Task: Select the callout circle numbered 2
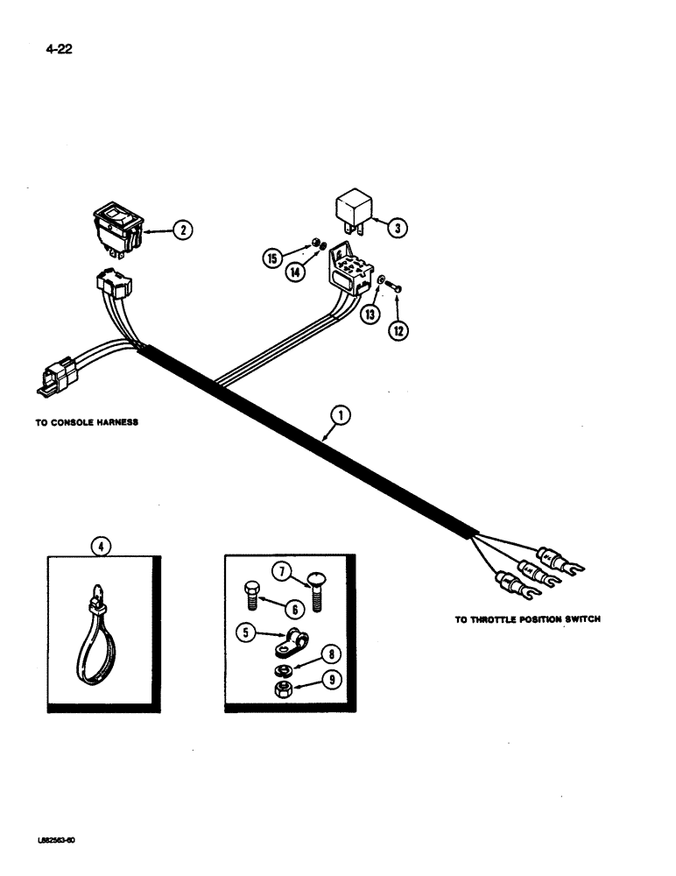(x=181, y=230)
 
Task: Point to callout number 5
(x=248, y=629)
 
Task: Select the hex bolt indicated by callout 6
(x=249, y=594)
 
